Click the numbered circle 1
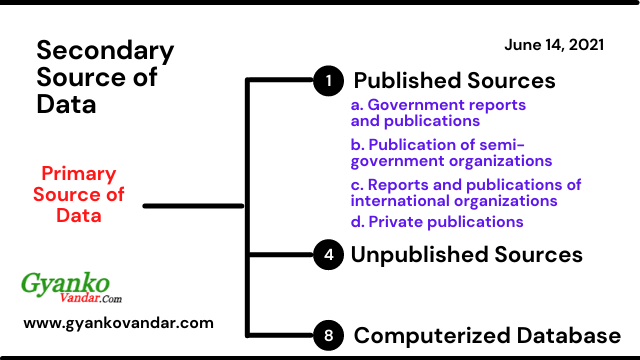pos(327,81)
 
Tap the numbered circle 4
pos(327,255)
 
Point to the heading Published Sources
pos(455,81)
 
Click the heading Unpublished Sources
pos(466,255)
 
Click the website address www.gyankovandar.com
pos(118,323)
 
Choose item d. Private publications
pos(437,221)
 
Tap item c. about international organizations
pos(465,192)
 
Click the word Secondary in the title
pos(105,52)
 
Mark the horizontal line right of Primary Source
pos(194,206)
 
